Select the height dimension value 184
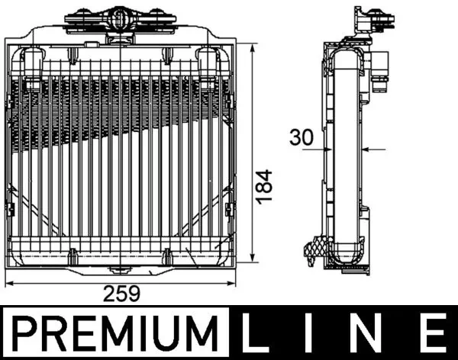click(263, 186)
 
